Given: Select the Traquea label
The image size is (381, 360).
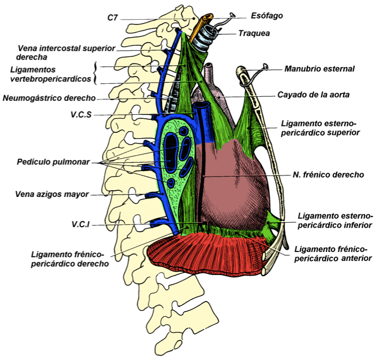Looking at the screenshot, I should [254, 33].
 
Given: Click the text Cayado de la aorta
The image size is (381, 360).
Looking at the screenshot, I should [313, 95].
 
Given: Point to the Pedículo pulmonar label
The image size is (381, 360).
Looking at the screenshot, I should [53, 162].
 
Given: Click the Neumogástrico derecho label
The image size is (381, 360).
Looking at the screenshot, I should [49, 98].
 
